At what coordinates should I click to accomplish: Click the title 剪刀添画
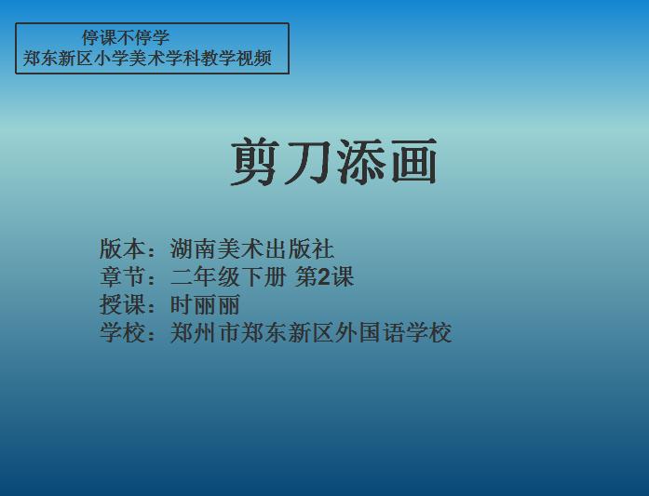pyautogui.click(x=333, y=161)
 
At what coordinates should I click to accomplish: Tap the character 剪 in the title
pyautogui.click(x=254, y=161)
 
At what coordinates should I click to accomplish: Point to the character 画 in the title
pyautogui.click(x=414, y=161)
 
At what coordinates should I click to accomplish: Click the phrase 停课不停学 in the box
pyautogui.click(x=126, y=37)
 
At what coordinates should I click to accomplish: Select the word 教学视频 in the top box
pyautogui.click(x=237, y=58)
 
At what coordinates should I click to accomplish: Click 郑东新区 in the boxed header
pyautogui.click(x=58, y=58)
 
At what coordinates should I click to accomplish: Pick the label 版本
pyautogui.click(x=123, y=248)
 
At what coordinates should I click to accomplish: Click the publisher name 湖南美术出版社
pyautogui.click(x=252, y=248)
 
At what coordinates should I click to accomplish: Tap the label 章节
pyautogui.click(x=123, y=276)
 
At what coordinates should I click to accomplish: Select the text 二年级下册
pyautogui.click(x=228, y=276)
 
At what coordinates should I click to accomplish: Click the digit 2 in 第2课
pyautogui.click(x=324, y=277)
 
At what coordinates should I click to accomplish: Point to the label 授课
pyautogui.click(x=123, y=305)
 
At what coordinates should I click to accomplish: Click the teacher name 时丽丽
pyautogui.click(x=205, y=305)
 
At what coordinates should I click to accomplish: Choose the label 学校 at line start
pyautogui.click(x=123, y=332)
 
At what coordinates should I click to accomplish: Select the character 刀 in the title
pyautogui.click(x=307, y=161)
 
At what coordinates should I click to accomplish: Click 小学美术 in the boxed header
pyautogui.click(x=129, y=58)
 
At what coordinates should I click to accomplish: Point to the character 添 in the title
pyautogui.click(x=361, y=161)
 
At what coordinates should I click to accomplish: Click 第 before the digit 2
pyautogui.click(x=306, y=276)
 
